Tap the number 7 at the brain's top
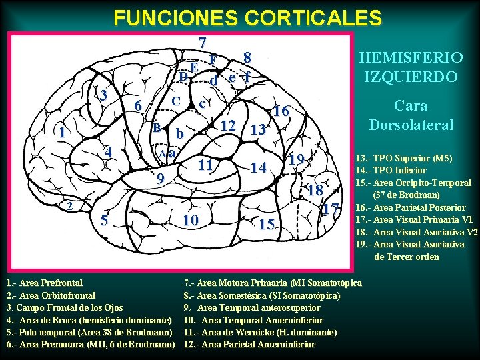coord(202,41)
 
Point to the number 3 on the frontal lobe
coord(103,95)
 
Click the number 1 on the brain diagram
coord(61,133)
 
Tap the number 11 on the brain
coord(207,165)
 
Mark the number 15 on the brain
coord(267,225)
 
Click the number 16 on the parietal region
coord(281,112)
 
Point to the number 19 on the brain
coord(297,160)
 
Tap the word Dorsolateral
coord(411,125)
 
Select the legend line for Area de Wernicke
coord(260,332)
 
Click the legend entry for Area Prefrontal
coord(45,283)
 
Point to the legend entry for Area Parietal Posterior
coord(413,207)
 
